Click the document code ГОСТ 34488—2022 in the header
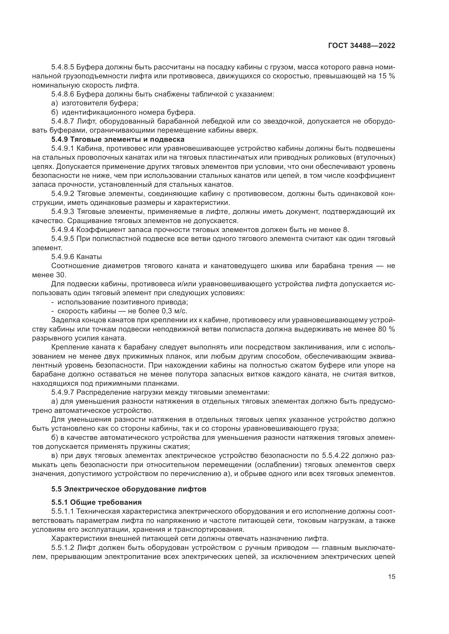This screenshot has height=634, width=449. pos(361,46)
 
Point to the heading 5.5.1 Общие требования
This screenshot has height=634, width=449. pos(96,502)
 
